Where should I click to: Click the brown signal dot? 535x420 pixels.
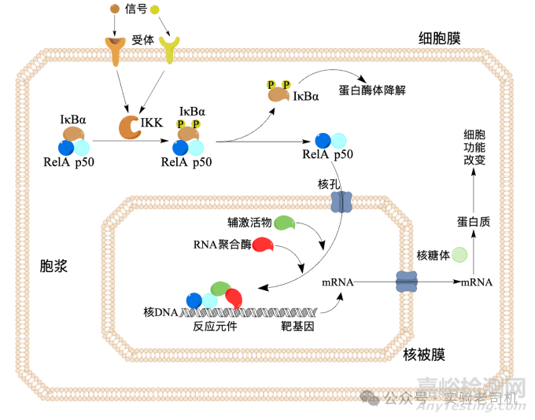[115, 9]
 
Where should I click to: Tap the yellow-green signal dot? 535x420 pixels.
[155, 9]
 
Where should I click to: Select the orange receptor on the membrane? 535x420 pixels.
[116, 50]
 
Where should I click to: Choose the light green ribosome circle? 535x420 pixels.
[458, 255]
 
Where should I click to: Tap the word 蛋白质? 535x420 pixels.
[474, 223]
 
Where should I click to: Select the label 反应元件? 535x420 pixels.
[215, 326]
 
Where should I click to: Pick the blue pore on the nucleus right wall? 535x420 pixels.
[406, 281]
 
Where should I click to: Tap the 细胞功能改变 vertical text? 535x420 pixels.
[475, 146]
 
